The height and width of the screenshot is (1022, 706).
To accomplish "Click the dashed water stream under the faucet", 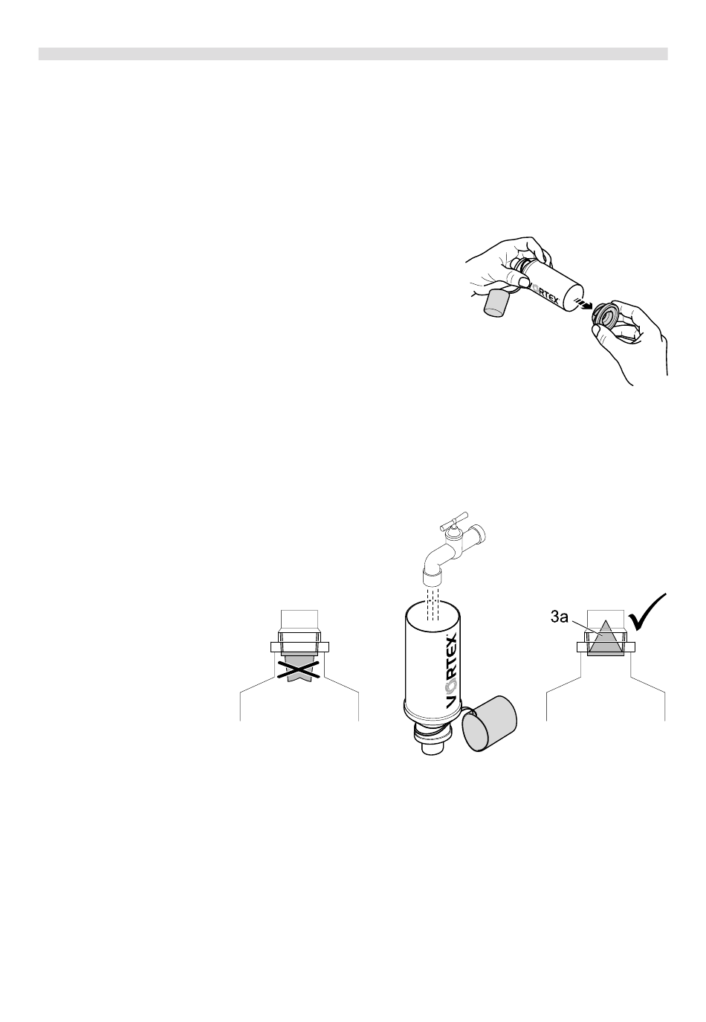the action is [432, 603].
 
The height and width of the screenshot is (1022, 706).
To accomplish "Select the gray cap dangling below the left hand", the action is [496, 303].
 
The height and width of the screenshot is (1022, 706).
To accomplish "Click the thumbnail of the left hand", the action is [521, 282].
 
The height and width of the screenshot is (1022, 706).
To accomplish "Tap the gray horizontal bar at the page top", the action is [353, 54].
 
